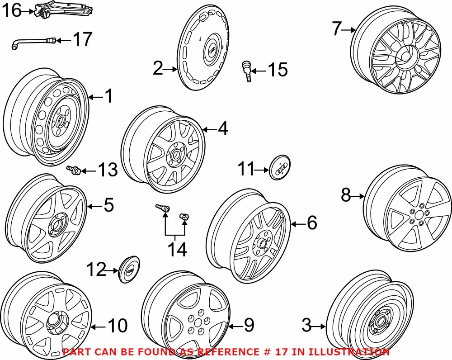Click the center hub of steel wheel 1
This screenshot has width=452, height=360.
[58, 121]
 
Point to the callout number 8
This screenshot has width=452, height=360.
[346, 196]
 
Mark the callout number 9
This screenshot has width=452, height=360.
[249, 325]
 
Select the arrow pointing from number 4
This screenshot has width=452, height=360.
[211, 130]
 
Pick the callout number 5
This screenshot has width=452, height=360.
[108, 205]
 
